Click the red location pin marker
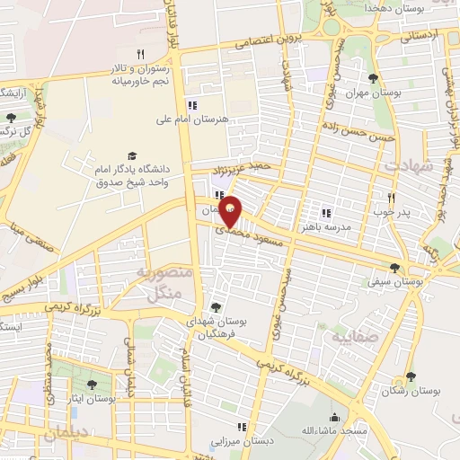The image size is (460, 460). [x=231, y=211]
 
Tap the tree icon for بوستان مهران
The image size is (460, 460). [x=373, y=78]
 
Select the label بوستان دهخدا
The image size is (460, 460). [x=386, y=7]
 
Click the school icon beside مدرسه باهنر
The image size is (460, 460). [x=326, y=213]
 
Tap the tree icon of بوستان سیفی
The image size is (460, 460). [x=395, y=267]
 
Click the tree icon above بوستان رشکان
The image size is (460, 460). [x=411, y=376]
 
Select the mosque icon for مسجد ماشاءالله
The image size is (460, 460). [x=335, y=417]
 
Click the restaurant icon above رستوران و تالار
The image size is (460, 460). [x=140, y=54]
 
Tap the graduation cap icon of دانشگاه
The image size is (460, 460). [x=133, y=155]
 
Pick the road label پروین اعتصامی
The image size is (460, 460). [x=267, y=42]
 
